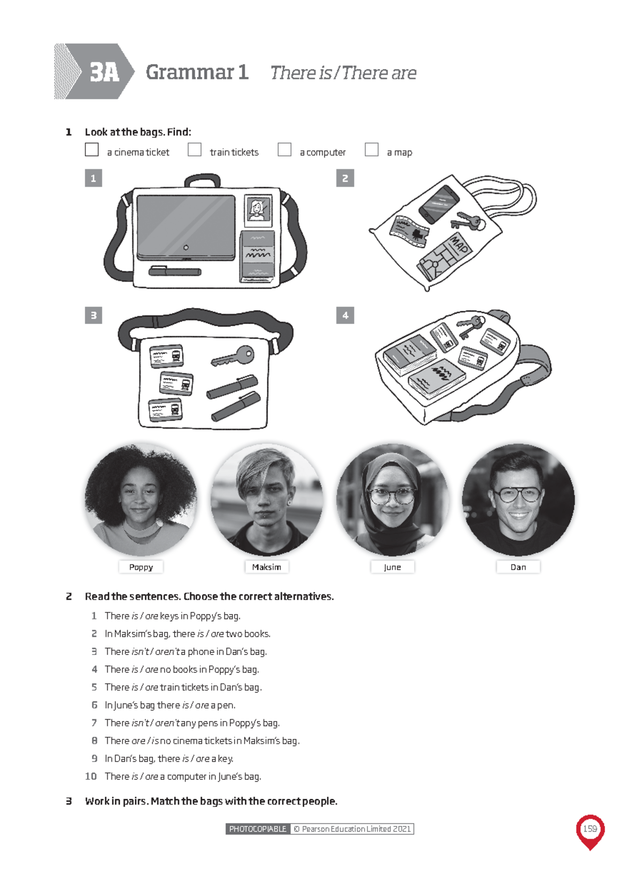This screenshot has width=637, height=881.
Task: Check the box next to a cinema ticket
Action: click(92, 150)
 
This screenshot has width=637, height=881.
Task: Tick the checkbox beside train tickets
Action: click(195, 150)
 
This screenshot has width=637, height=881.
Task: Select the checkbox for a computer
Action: click(285, 150)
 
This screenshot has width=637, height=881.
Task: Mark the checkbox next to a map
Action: click(372, 150)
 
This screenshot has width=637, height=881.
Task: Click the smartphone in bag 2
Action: click(438, 204)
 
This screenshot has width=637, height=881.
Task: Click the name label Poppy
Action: click(141, 567)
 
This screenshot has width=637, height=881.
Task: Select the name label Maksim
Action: click(266, 567)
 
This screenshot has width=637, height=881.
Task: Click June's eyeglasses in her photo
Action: click(392, 496)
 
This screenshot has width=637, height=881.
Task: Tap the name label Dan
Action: click(518, 567)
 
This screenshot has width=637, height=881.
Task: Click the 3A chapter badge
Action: click(104, 72)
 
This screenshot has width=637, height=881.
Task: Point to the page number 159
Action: click(590, 828)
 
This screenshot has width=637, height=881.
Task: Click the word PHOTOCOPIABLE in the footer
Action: click(258, 829)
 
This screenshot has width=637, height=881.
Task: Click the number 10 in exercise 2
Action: click(91, 777)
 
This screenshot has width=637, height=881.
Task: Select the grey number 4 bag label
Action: click(345, 316)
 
